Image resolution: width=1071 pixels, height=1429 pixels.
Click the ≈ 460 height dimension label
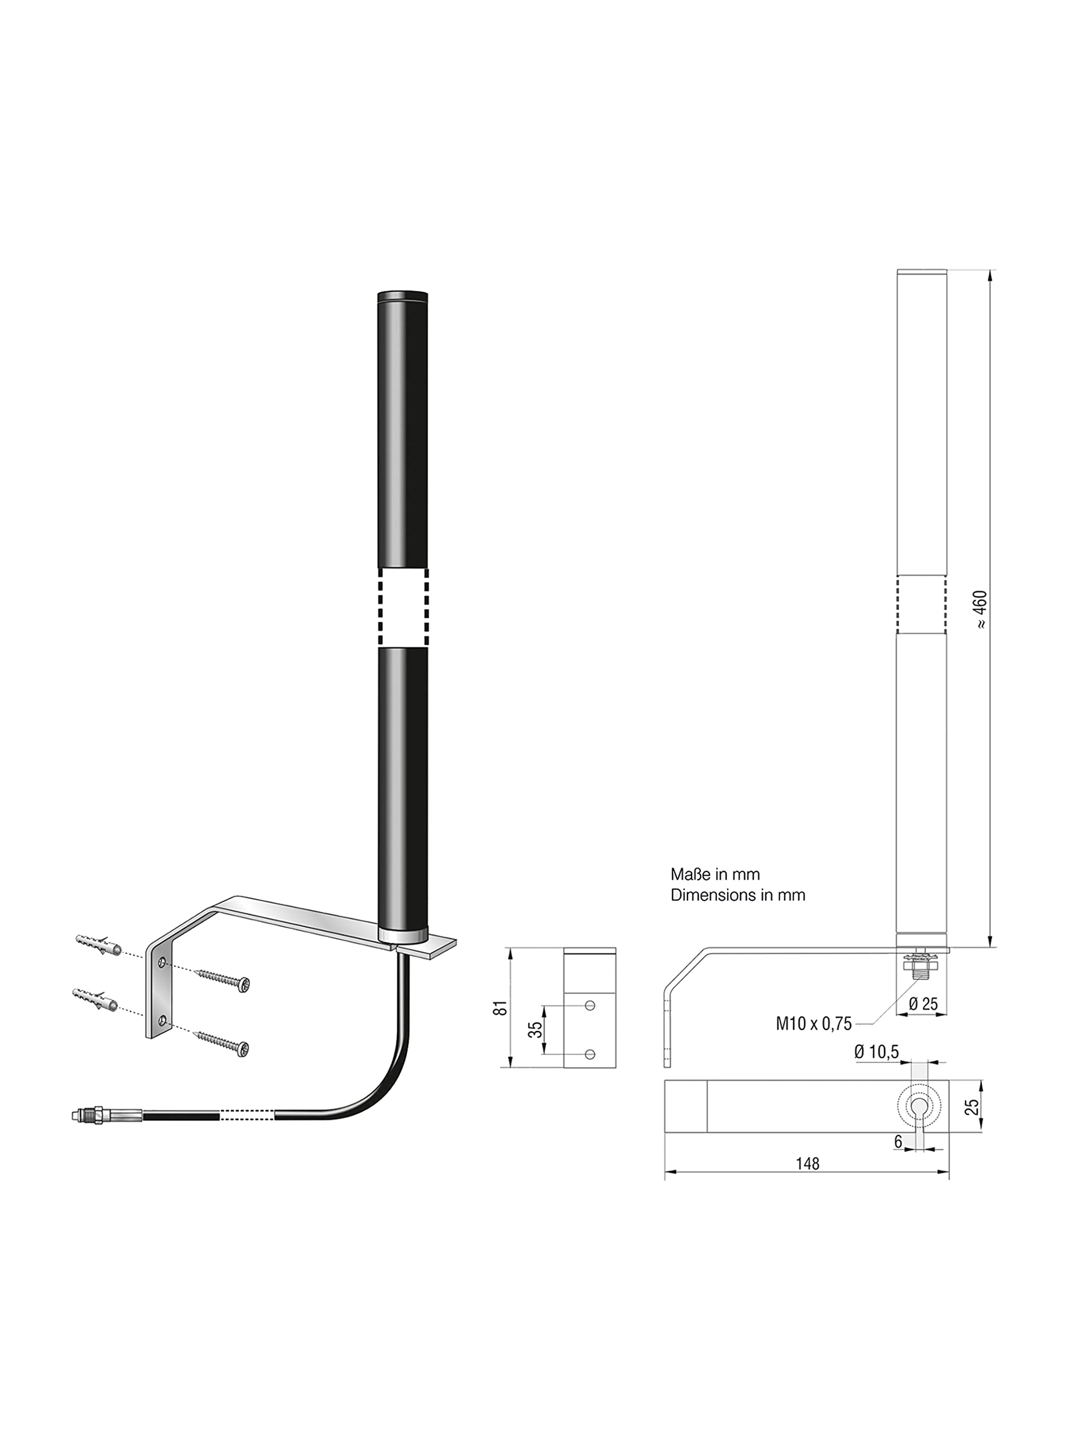(981, 609)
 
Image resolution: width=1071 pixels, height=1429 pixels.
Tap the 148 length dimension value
(808, 1163)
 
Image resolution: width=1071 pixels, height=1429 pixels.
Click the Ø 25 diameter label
(923, 1003)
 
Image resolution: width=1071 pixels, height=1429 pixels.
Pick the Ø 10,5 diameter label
(877, 1052)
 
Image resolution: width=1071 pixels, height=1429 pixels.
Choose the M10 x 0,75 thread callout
(813, 1023)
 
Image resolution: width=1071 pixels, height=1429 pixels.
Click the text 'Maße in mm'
(715, 874)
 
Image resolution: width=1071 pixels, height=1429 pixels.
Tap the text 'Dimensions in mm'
(738, 895)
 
